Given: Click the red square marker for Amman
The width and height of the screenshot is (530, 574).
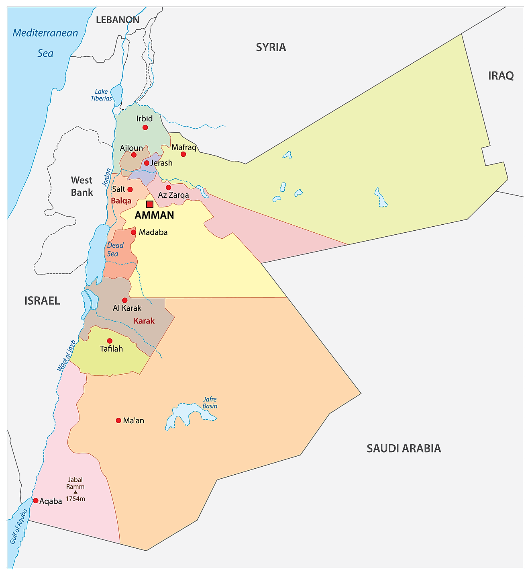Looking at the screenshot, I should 150,204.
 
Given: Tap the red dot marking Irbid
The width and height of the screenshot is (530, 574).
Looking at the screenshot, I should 145,127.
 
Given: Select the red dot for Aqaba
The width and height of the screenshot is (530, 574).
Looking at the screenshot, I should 36,501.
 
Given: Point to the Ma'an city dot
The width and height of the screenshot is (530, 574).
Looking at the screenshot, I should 118,420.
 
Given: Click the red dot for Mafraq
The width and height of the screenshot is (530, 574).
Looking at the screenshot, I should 183,154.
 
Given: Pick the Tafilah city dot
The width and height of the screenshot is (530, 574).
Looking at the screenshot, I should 110,341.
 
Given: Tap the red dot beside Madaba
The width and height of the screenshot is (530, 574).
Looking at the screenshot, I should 133,232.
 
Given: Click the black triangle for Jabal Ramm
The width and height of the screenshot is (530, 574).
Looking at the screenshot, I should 75,492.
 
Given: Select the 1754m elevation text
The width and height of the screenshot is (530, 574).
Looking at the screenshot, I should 75,499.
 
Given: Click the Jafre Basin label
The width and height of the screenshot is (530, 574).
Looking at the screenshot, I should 210,402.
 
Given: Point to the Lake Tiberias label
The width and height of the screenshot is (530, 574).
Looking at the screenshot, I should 101,95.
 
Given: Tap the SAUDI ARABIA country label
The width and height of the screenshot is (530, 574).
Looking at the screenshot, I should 404,448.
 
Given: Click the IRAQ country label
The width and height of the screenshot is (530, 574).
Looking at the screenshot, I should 501,76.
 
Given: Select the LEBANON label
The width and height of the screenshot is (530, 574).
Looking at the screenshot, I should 118,20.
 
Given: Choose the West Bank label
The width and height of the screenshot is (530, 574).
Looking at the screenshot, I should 82,186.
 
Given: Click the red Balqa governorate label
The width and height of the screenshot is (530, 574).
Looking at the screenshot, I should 121,201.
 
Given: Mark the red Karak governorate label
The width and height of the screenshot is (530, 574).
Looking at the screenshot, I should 144,321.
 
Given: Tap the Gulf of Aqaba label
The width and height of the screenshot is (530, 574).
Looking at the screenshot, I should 19,527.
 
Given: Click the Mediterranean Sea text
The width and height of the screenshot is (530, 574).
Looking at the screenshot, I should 45,43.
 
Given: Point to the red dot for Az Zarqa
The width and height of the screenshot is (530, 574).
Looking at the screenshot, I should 169,187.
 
